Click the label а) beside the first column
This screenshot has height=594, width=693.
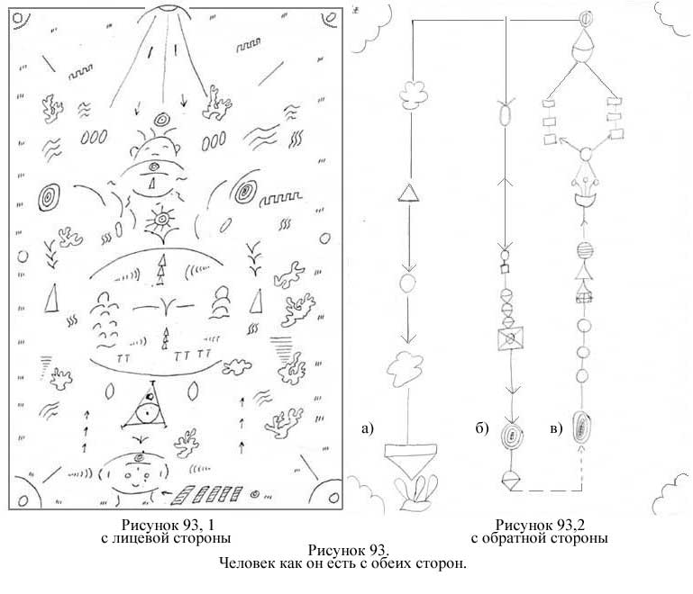tap(368, 428)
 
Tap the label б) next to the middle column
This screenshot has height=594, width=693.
tap(482, 428)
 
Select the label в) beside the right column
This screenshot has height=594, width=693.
tap(556, 428)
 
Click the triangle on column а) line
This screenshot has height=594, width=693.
tap(409, 193)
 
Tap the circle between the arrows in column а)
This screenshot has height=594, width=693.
tap(407, 283)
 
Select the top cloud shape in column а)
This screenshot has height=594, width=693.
tap(414, 94)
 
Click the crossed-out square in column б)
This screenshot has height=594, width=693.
tap(510, 338)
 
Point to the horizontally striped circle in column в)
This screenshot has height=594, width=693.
tap(585, 251)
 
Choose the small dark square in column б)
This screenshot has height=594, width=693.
tap(506, 268)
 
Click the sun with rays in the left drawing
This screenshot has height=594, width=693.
tap(162, 219)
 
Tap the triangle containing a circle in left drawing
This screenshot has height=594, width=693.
tap(144, 407)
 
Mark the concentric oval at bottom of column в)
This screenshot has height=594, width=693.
tap(582, 427)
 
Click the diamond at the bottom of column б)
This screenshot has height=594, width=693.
tap(511, 480)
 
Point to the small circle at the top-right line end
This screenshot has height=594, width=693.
tap(585, 19)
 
